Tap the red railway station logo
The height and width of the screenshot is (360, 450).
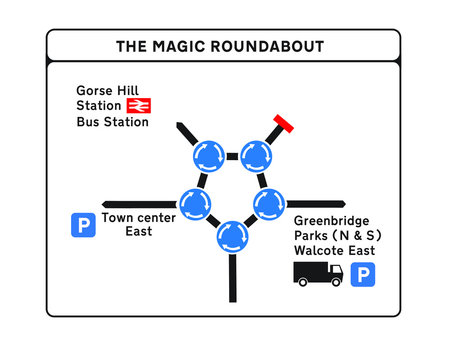(138, 104)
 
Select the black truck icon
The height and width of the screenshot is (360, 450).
(318, 273)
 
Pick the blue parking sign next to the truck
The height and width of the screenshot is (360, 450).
(366, 273)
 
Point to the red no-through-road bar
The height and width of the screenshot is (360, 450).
(281, 124)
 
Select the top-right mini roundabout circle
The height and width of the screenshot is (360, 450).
(255, 155)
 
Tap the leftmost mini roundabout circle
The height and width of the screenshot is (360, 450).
(196, 201)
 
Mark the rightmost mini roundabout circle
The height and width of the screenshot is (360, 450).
(268, 203)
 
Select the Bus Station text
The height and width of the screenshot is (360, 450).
(112, 122)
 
